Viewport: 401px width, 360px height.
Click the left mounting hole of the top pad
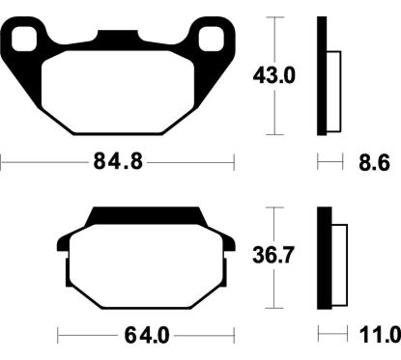click(31, 41)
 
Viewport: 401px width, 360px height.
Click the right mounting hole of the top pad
click(211, 41)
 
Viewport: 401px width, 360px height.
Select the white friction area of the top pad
click(121, 92)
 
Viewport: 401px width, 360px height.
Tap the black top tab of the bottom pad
click(145, 215)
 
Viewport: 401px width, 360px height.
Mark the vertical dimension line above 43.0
click(277, 39)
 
